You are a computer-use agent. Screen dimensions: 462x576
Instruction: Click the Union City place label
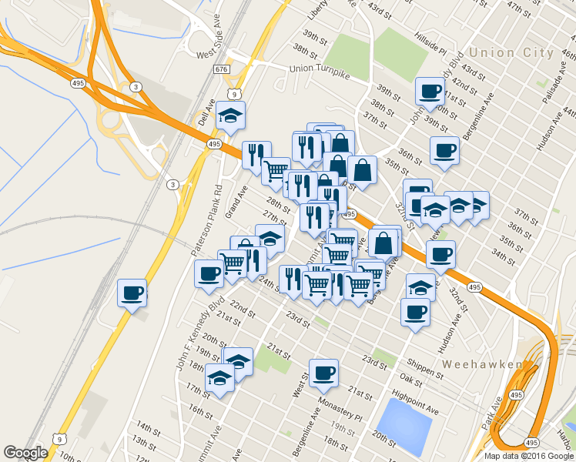pyautogui.click(x=511, y=53)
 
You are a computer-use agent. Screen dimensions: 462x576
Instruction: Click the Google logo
pyautogui.click(x=25, y=453)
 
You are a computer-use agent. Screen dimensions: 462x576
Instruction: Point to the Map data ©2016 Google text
pyautogui.click(x=529, y=456)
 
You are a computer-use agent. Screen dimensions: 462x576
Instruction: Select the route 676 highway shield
pyautogui.click(x=221, y=69)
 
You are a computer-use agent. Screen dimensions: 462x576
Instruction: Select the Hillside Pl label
pyautogui.click(x=431, y=45)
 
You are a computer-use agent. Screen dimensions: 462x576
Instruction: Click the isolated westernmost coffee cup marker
pyautogui.click(x=132, y=293)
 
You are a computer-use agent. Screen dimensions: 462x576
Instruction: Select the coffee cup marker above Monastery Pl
pyautogui.click(x=323, y=373)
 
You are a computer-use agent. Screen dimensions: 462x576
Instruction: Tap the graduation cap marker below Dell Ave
pyautogui.click(x=230, y=116)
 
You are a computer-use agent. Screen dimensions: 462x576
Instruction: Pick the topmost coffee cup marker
pyautogui.click(x=430, y=92)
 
